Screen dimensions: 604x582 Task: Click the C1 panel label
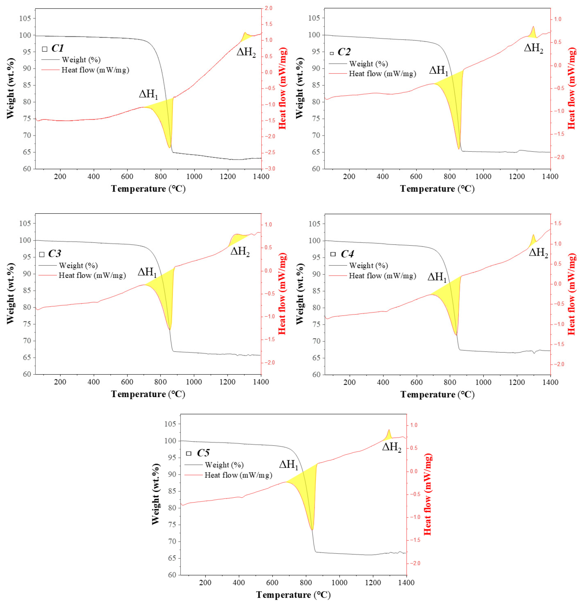click(x=58, y=48)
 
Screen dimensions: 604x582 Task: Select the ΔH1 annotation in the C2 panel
click(x=438, y=71)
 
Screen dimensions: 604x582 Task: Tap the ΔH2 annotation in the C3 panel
click(x=240, y=252)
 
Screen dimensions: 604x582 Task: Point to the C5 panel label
click(x=203, y=453)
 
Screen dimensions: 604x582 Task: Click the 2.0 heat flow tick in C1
click(x=268, y=8)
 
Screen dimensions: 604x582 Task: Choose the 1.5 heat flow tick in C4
click(x=557, y=224)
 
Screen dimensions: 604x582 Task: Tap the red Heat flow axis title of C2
click(x=572, y=88)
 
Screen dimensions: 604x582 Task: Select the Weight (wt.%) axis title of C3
click(x=10, y=294)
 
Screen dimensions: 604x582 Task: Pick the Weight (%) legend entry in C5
click(x=224, y=465)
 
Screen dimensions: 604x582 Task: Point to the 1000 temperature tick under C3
click(x=194, y=382)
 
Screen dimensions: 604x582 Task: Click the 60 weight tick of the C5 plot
click(x=172, y=575)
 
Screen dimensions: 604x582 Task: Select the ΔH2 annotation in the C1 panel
click(x=246, y=52)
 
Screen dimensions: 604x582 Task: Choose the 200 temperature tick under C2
click(x=349, y=177)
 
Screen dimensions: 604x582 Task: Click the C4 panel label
click(x=347, y=254)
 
